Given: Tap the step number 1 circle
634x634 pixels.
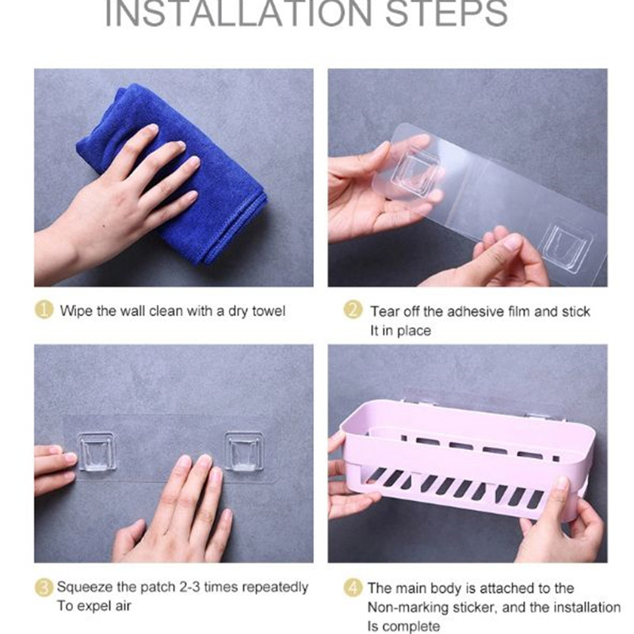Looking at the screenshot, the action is (x=44, y=310).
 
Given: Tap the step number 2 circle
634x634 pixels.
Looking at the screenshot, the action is (x=353, y=310).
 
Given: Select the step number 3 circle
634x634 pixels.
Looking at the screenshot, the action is (x=44, y=587).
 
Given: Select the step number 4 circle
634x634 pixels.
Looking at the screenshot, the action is (x=353, y=587).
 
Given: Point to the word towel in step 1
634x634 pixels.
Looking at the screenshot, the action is (x=269, y=311).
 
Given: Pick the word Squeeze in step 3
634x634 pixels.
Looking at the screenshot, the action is (x=85, y=587).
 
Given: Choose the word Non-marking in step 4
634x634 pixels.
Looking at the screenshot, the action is (x=408, y=607).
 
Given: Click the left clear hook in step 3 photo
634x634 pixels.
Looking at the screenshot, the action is (x=97, y=451).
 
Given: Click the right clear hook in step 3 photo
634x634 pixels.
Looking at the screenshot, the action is (x=244, y=451).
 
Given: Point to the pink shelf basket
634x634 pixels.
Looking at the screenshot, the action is (x=465, y=459).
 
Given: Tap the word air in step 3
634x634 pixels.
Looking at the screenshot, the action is (x=123, y=606).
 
